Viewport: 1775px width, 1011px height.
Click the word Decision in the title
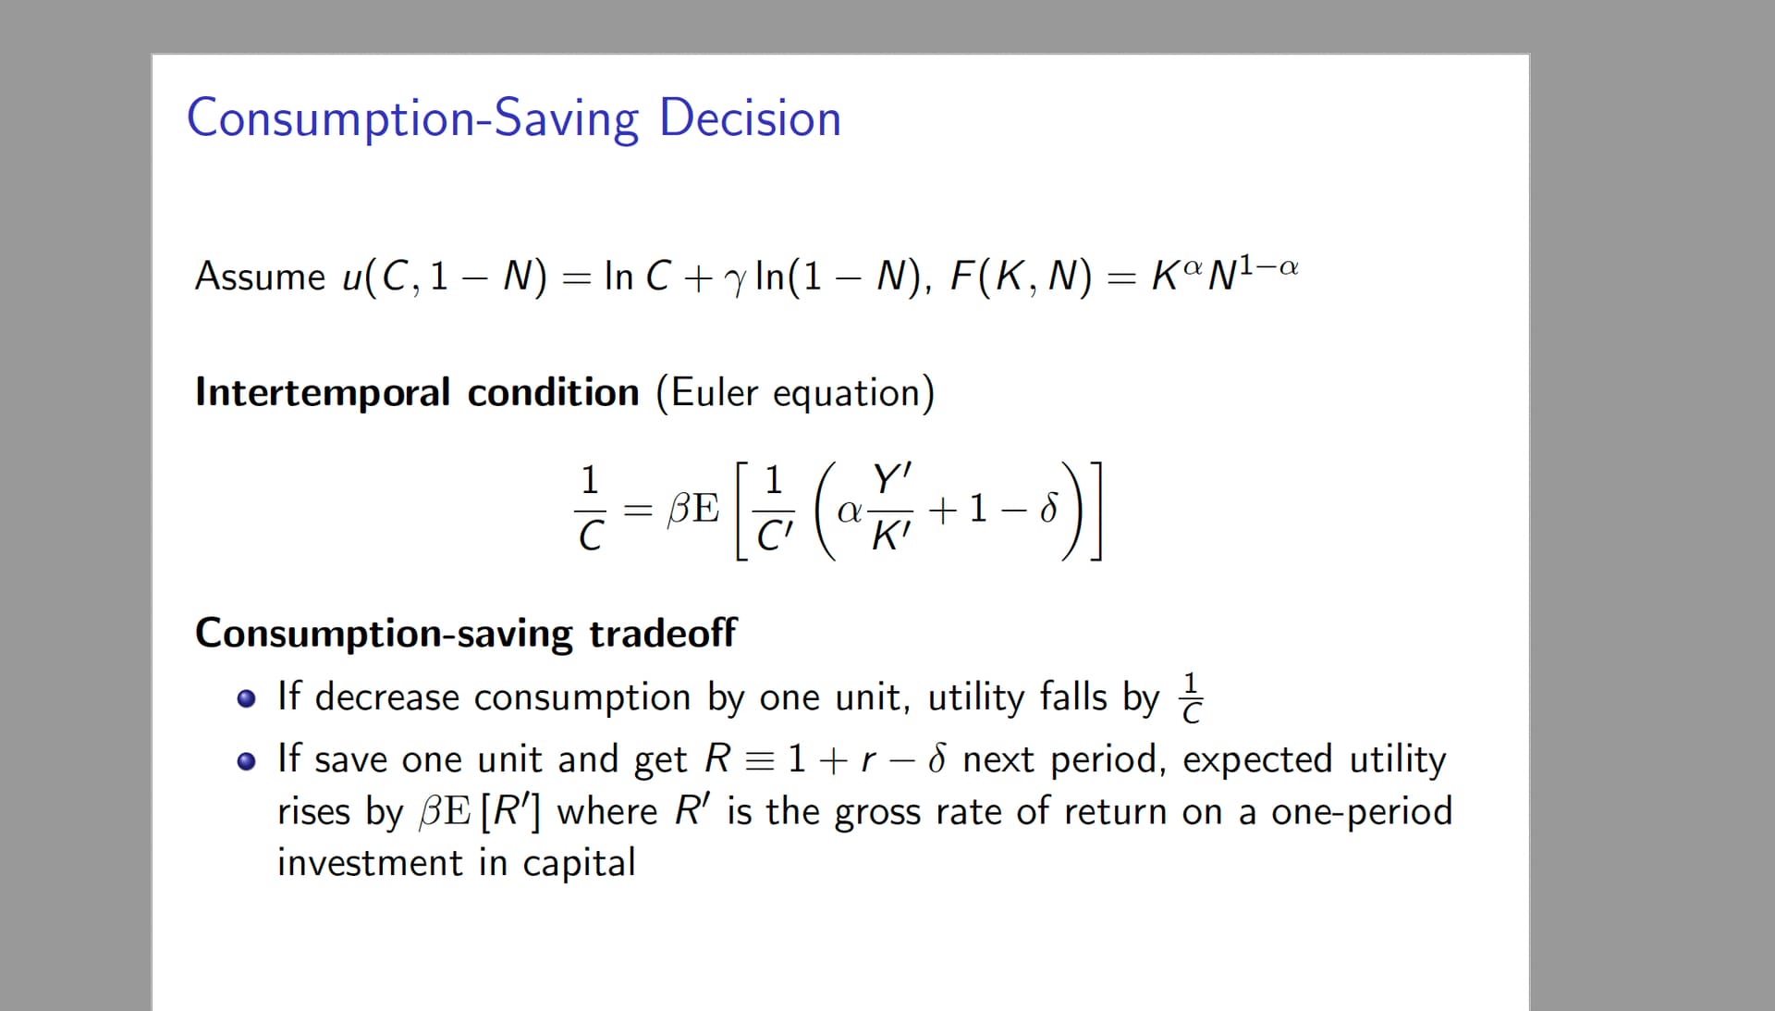coord(750,118)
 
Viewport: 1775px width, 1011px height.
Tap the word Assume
coord(260,276)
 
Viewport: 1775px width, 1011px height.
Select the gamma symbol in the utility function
coord(735,280)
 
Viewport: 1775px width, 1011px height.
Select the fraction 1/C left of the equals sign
coord(590,509)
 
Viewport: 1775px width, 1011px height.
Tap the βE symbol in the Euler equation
coord(693,509)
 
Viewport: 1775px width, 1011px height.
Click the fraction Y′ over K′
coord(891,509)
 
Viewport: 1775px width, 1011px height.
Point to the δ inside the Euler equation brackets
coord(1048,508)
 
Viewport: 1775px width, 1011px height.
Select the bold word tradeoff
coord(663,634)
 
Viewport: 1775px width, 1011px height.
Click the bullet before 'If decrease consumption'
coord(246,698)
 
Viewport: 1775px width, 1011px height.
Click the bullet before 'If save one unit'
coord(246,761)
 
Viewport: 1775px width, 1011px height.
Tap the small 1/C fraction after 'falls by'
coord(1192,697)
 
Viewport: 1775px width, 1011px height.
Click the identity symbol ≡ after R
coord(758,760)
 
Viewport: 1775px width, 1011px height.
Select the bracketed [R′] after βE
coord(511,811)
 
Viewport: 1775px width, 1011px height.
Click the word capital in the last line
coord(579,863)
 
